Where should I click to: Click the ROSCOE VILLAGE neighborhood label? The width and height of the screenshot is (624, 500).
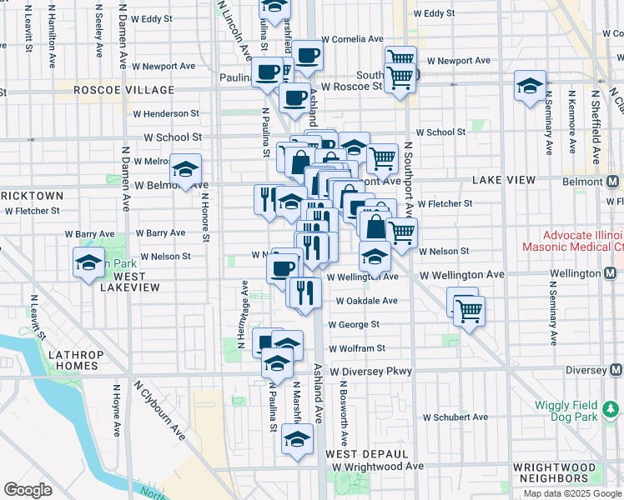[123, 90]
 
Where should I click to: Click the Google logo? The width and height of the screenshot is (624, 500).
[28, 490]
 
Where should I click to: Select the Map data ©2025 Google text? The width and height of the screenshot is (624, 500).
[572, 493]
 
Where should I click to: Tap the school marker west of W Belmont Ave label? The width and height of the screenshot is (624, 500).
[185, 169]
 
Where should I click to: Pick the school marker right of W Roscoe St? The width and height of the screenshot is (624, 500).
[529, 87]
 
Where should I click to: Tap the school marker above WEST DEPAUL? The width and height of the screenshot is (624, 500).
[296, 439]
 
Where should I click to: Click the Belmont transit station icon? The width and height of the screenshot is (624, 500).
[613, 182]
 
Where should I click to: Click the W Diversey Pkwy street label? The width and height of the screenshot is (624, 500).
[370, 371]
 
